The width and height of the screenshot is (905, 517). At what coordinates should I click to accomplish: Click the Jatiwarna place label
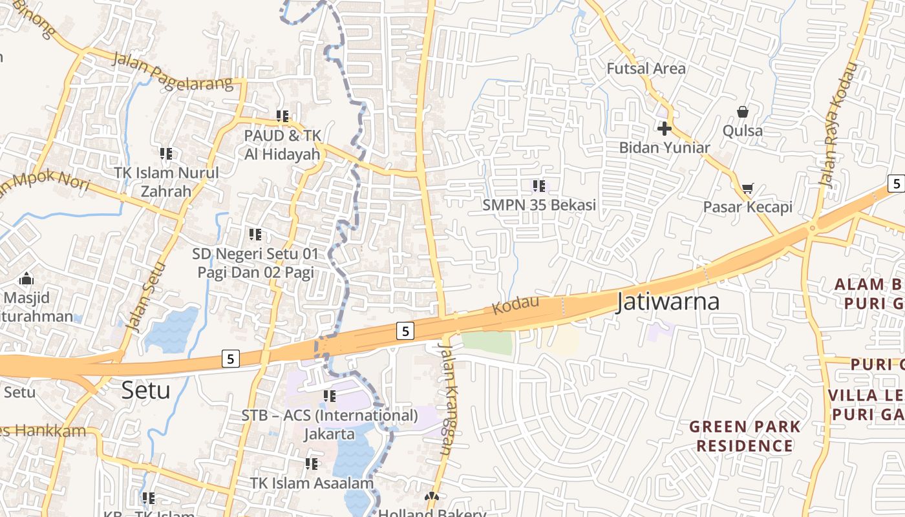(x=668, y=302)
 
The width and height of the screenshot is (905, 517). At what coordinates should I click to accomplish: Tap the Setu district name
(x=146, y=390)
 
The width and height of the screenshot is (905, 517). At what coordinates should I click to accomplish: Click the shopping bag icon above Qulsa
(x=743, y=112)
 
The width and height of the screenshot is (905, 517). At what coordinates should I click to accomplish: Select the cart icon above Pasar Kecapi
(x=747, y=188)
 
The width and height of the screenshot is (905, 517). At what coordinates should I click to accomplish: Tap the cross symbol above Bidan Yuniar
(x=664, y=128)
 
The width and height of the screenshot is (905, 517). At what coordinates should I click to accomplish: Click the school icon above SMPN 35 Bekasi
(x=539, y=186)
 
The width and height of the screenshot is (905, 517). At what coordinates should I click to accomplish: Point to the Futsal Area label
(x=646, y=68)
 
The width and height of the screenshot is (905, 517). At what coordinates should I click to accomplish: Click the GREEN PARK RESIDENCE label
(x=744, y=436)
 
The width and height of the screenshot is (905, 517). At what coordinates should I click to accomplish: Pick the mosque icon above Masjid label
(x=27, y=279)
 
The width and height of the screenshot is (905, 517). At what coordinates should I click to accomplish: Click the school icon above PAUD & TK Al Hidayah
(x=282, y=116)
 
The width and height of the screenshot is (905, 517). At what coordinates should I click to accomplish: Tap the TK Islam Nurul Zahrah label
(x=166, y=182)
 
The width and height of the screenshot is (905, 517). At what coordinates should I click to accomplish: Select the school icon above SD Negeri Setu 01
(x=255, y=234)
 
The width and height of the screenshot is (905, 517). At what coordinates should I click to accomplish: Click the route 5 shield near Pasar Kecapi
(x=895, y=183)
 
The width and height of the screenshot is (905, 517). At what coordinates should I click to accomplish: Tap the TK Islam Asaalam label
(x=312, y=483)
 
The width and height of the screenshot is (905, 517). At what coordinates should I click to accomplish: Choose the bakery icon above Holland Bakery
(x=431, y=497)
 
